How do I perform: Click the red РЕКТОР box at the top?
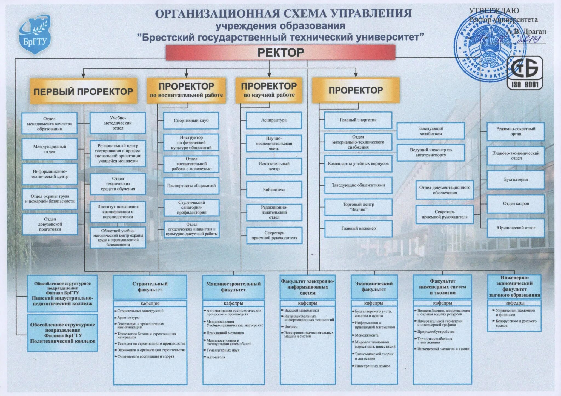pos(280,52)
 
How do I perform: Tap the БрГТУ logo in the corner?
pos(35,35)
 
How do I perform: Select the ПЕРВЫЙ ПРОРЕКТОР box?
pos(83,91)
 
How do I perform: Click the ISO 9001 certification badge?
pos(525,73)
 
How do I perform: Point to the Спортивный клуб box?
pos(191,120)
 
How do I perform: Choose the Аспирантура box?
pos(274,120)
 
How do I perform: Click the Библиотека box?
pos(274,190)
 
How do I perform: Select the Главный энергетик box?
pos(358,120)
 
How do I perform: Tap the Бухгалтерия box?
pos(516,180)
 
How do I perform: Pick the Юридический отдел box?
pos(516,228)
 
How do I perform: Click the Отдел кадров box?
pos(516,203)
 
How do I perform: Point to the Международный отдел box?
pos(50,149)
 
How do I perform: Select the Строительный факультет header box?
pos(150,287)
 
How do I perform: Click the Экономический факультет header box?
pos(374,287)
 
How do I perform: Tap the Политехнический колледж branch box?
pos(62,333)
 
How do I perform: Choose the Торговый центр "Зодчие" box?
pos(358,207)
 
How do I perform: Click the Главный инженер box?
pos(358,228)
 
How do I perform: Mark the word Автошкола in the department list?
pos(216,357)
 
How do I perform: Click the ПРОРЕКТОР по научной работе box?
pos(269,90)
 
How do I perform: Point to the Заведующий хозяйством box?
pos(431,131)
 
